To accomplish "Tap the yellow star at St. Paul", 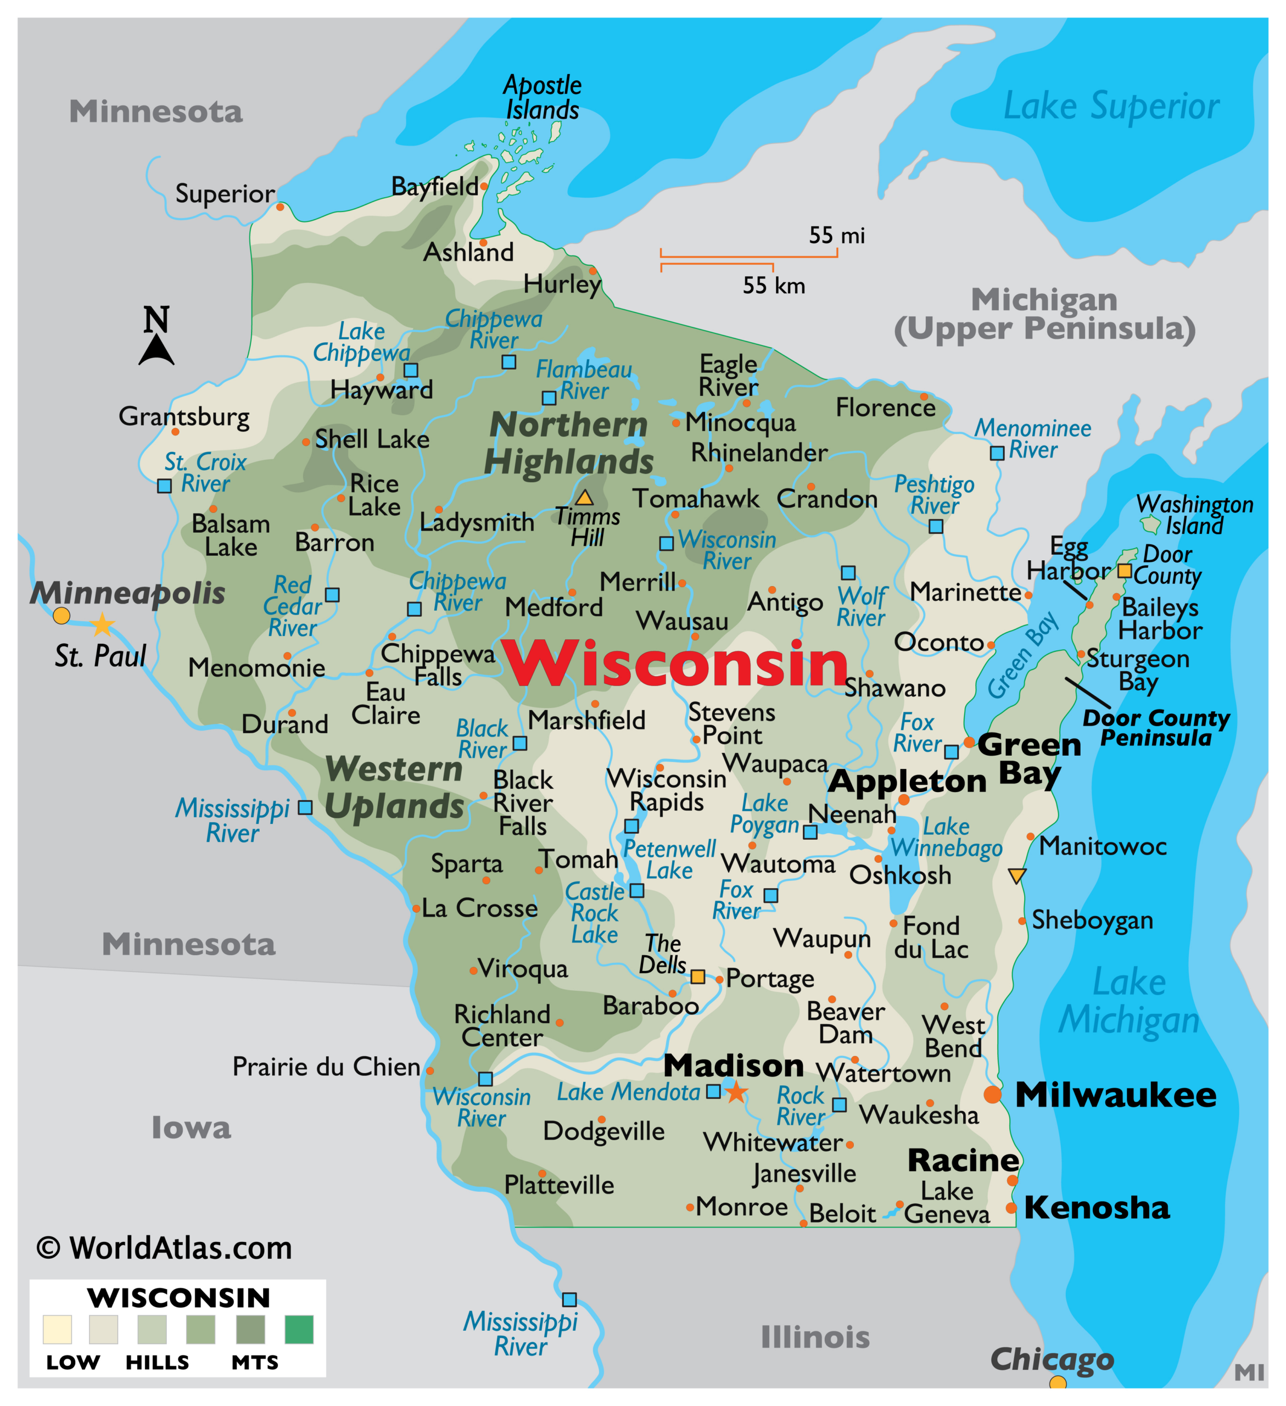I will click(x=103, y=624).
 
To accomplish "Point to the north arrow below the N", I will click(x=156, y=350).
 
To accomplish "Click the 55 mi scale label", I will click(x=836, y=236).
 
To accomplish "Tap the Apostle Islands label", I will click(x=542, y=98).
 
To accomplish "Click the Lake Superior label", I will click(x=1111, y=107).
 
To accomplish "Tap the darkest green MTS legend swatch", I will click(x=299, y=1329).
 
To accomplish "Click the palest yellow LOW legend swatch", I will click(x=57, y=1329).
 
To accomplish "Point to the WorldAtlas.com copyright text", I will click(x=165, y=1248).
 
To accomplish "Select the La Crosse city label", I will click(x=480, y=908).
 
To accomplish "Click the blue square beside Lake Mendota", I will click(x=713, y=1091).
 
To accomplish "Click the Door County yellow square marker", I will click(x=1124, y=571).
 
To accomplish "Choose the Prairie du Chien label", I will click(x=326, y=1067).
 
